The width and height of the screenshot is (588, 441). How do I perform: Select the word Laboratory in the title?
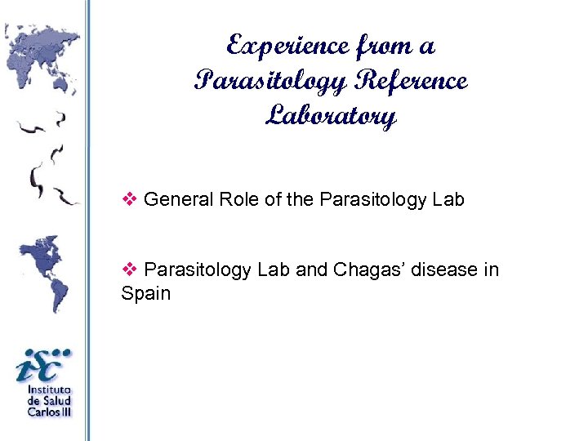point(331,117)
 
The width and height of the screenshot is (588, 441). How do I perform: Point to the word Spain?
point(146,293)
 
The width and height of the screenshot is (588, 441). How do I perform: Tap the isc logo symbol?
point(43,364)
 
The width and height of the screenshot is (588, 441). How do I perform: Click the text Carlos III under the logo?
point(49,412)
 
